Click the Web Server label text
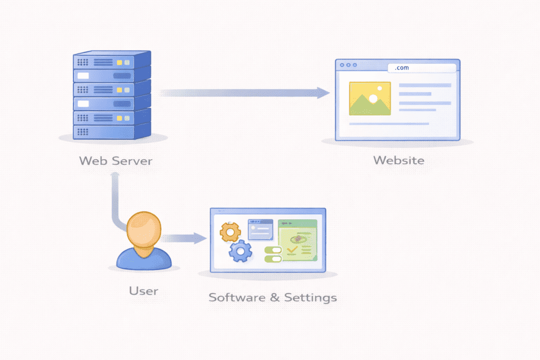pos(115,160)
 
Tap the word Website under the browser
pos(398,160)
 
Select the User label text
pos(143,290)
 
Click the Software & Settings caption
pos(272,297)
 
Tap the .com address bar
pos(421,68)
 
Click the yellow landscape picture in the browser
pos(370,99)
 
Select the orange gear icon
pos(230,231)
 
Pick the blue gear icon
pos(240,251)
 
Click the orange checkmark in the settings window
pos(292,255)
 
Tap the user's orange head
pos(143,229)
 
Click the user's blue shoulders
pos(143,258)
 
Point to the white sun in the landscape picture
pos(373,98)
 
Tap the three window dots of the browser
pos(348,65)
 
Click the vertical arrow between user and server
pos(114,200)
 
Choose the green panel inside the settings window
pos(297,240)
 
